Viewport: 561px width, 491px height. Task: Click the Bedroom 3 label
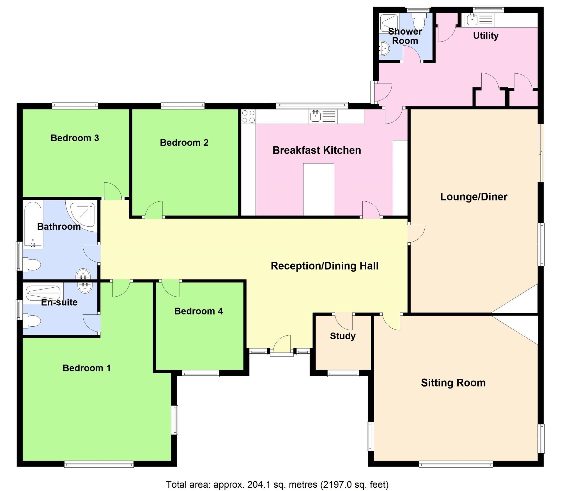[75, 138]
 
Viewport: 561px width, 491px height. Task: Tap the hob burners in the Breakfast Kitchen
[249, 117]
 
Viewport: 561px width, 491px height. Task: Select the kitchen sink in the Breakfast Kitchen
[316, 116]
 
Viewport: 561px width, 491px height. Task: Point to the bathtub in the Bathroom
[33, 225]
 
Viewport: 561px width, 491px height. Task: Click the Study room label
[342, 336]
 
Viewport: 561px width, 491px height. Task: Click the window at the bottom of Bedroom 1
[99, 464]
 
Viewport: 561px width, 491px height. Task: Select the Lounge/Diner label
[473, 197]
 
